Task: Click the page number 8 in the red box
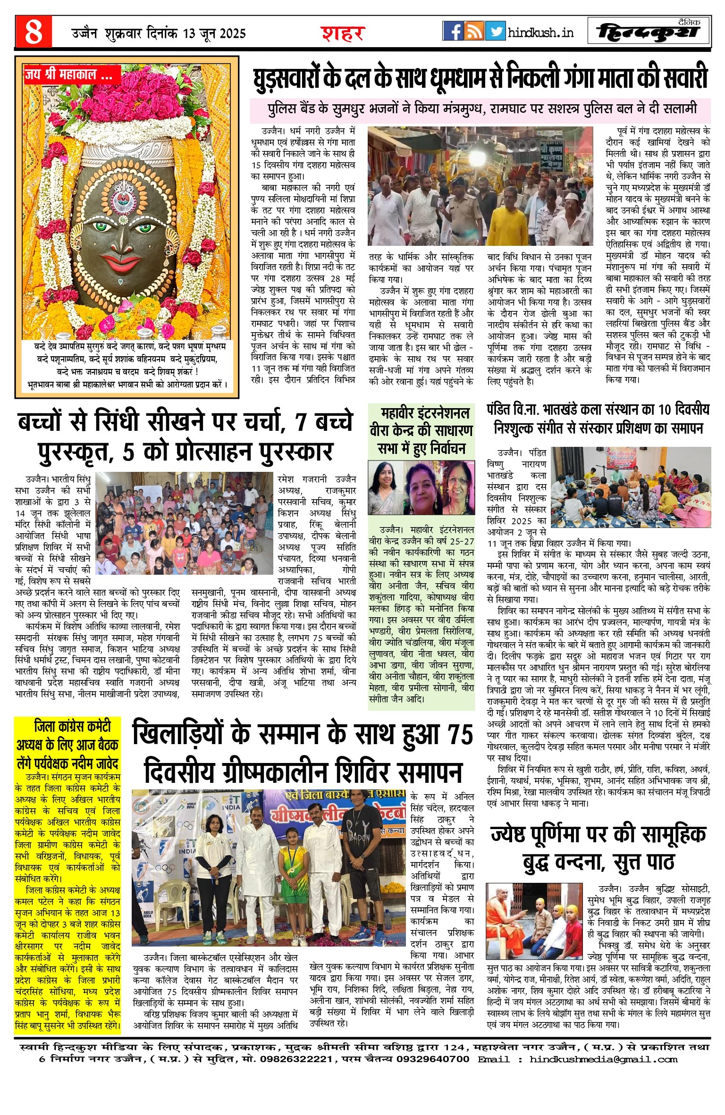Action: pyautogui.click(x=33, y=32)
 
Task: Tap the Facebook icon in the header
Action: pyautogui.click(x=453, y=31)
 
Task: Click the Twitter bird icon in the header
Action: pyautogui.click(x=495, y=31)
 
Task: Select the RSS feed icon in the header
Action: pyautogui.click(x=474, y=31)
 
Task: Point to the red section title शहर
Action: pyautogui.click(x=343, y=34)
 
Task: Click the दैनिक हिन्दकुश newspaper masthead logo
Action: pyautogui.click(x=649, y=32)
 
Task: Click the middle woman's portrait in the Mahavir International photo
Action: pyautogui.click(x=422, y=489)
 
